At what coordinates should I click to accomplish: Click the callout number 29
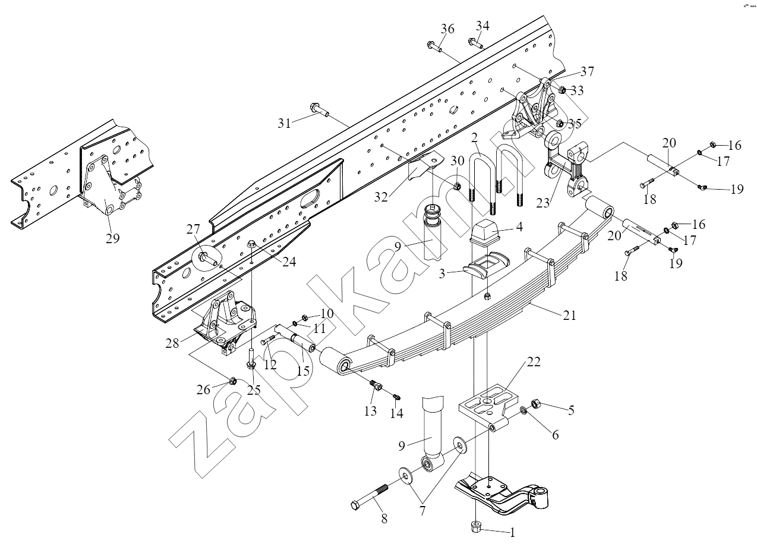point(112,238)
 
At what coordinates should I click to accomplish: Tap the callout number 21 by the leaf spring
point(569,316)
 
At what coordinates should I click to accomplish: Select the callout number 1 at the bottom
point(512,533)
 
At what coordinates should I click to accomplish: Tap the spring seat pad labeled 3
point(486,264)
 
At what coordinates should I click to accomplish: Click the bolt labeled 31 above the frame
point(319,110)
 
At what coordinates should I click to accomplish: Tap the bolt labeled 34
point(476,43)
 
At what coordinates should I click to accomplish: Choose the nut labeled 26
point(232,381)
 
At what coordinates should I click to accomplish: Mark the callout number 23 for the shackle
point(543,203)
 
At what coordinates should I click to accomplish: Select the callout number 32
point(381,197)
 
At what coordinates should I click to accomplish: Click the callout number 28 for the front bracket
point(172,344)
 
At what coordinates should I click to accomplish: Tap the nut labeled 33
point(563,90)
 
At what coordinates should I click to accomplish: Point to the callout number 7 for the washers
point(422,511)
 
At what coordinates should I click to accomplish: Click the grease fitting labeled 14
point(396,397)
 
